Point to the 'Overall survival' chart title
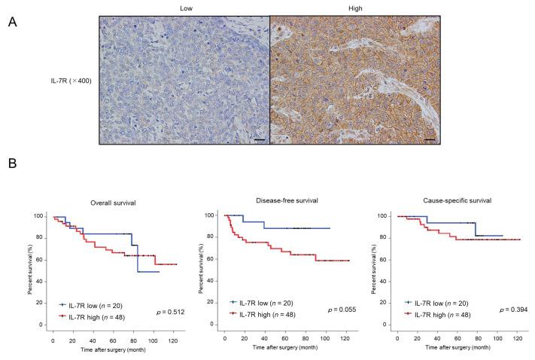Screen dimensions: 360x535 (111, 203)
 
